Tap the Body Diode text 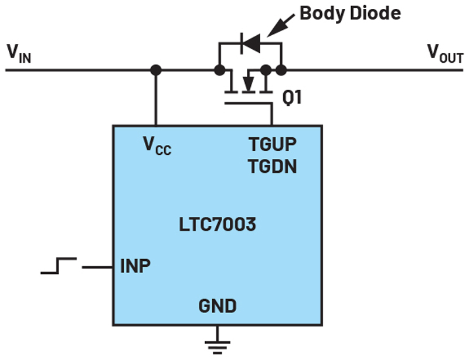tap(350, 13)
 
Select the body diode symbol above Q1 tap(250, 42)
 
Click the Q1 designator tap(291, 98)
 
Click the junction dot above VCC tap(155, 70)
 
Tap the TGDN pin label tap(272, 167)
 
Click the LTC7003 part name tap(217, 224)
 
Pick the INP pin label tap(135, 266)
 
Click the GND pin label tap(217, 305)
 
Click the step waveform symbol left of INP tap(59, 266)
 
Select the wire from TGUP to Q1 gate tap(272, 114)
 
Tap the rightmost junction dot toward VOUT tap(281, 70)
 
